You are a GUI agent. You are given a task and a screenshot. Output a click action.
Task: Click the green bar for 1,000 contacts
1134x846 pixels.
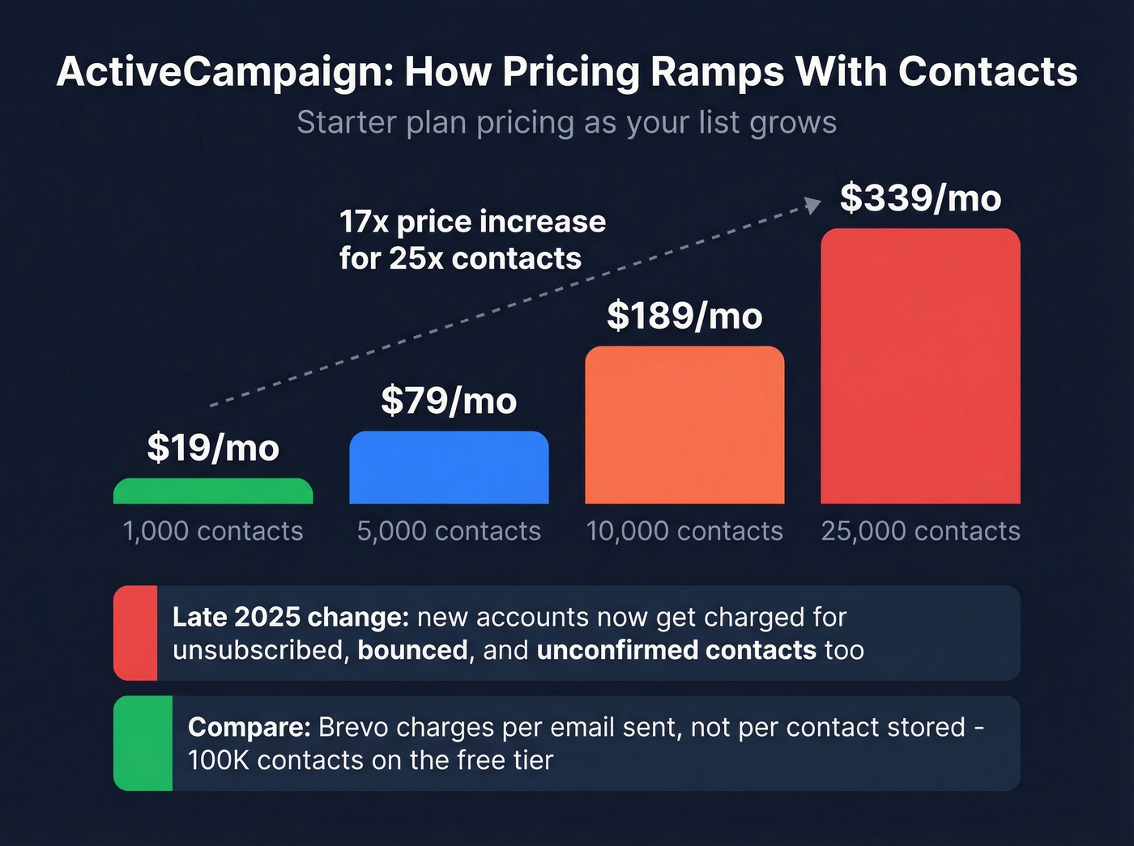213,491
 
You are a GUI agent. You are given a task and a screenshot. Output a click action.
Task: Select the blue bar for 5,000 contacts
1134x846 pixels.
449,468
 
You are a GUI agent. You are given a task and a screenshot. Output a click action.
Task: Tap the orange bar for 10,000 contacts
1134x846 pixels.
684,425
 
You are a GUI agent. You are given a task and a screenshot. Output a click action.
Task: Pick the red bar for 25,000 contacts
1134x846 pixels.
920,366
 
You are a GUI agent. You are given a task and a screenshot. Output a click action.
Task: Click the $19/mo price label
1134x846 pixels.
213,448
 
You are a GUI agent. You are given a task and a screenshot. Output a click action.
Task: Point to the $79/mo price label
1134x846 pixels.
449,401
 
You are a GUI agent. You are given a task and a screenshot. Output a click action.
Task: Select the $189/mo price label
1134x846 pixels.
684,316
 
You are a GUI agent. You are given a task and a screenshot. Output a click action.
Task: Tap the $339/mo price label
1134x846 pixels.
920,198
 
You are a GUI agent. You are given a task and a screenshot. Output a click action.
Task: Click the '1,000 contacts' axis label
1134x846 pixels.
213,531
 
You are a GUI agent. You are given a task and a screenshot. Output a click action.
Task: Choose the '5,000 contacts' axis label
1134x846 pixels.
449,531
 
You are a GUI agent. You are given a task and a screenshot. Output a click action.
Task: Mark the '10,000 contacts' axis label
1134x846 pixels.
684,531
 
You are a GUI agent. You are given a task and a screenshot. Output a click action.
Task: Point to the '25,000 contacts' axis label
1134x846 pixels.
920,531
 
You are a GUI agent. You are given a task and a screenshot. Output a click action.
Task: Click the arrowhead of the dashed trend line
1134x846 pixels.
813,205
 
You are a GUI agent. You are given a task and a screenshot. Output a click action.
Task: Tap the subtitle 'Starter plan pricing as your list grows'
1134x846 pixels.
566,123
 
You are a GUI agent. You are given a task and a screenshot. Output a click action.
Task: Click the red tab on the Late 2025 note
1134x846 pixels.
135,633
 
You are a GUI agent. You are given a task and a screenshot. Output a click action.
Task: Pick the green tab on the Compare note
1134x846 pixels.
143,743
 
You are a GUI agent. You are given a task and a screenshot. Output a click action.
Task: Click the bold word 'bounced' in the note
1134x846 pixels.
412,650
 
